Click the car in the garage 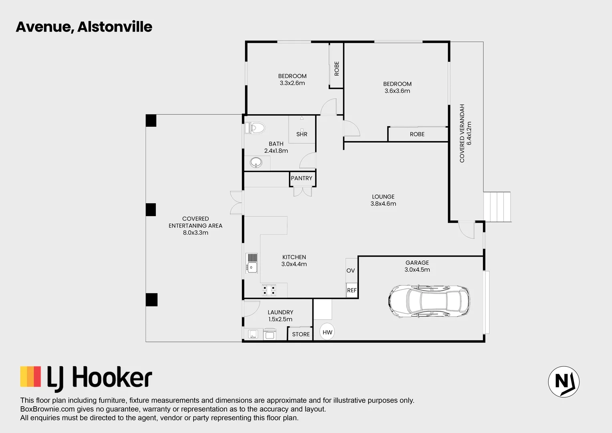[x=429, y=301]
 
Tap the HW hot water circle [x=327, y=332]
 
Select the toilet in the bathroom [x=256, y=128]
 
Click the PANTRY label [x=302, y=178]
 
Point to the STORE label [x=301, y=334]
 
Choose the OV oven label [x=350, y=271]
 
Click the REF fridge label [x=352, y=290]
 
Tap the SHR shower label [x=302, y=134]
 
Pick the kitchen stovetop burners [x=269, y=290]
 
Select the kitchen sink [x=252, y=263]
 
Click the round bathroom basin [x=256, y=162]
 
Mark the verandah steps [x=497, y=207]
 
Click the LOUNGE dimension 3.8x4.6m [x=383, y=204]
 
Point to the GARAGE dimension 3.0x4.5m [x=417, y=270]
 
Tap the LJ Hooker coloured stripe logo [x=30, y=376]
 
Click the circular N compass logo [x=564, y=382]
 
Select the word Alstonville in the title [x=115, y=27]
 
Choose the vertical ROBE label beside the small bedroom [x=336, y=68]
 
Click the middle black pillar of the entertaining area [x=151, y=210]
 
